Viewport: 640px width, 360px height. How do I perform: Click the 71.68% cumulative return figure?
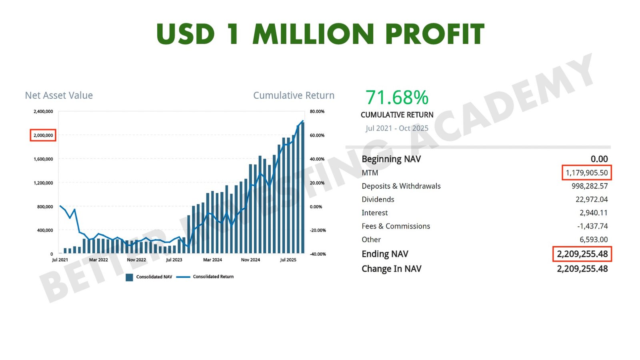[397, 98]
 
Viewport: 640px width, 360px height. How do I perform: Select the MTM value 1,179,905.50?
[586, 173]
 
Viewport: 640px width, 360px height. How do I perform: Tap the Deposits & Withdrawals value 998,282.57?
[590, 186]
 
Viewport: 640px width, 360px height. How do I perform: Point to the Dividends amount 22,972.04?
[592, 199]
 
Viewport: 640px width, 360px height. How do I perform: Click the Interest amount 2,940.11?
[594, 213]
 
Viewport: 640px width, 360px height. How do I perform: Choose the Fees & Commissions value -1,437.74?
[592, 226]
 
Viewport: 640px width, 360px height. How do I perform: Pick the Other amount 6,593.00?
[594, 240]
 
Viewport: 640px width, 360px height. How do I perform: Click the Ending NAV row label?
[385, 254]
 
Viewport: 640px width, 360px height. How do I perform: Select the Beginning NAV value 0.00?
[599, 159]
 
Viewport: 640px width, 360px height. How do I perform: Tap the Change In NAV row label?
[391, 269]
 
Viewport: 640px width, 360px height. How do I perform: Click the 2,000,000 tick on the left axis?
[43, 135]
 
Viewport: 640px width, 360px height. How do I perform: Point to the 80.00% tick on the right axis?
[317, 112]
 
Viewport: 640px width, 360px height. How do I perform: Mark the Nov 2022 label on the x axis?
[136, 260]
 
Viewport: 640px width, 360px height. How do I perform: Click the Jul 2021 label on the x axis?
[60, 260]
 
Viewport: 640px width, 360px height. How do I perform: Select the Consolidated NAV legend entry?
[149, 277]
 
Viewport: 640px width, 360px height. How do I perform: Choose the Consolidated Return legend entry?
[205, 276]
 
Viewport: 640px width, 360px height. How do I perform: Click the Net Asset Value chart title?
[59, 95]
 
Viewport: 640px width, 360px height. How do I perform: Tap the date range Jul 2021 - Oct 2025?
[397, 128]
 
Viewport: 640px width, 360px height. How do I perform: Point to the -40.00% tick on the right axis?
[318, 254]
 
